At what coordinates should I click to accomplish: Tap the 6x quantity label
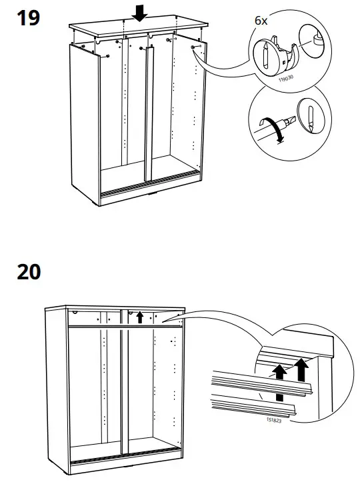click(x=261, y=21)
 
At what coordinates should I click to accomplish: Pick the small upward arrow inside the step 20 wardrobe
click(x=139, y=317)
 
